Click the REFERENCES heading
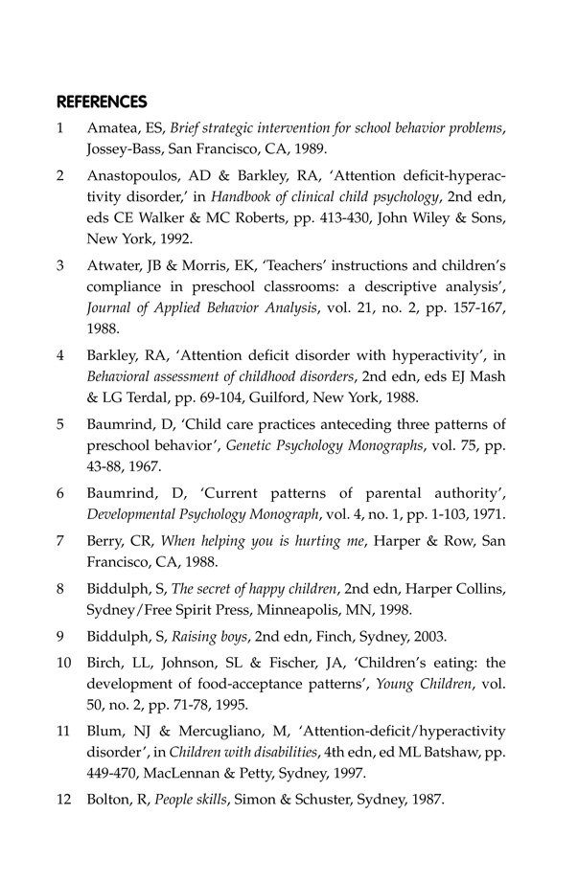click(102, 101)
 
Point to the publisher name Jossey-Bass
click(125, 150)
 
